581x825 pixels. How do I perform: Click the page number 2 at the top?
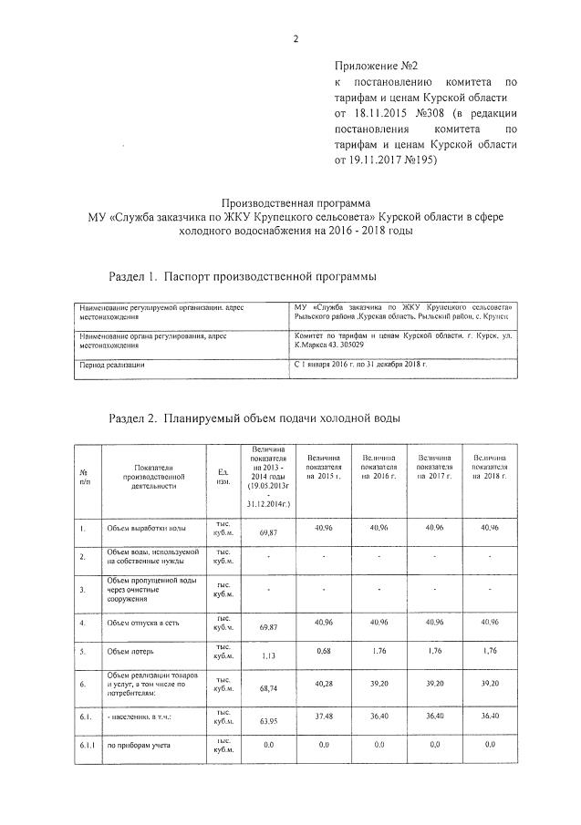coord(296,38)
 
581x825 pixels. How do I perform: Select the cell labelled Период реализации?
coord(111,365)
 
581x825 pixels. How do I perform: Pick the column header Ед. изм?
coord(223,476)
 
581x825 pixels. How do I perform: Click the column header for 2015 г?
coord(324,471)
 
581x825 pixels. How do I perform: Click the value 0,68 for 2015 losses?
coord(323,650)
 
